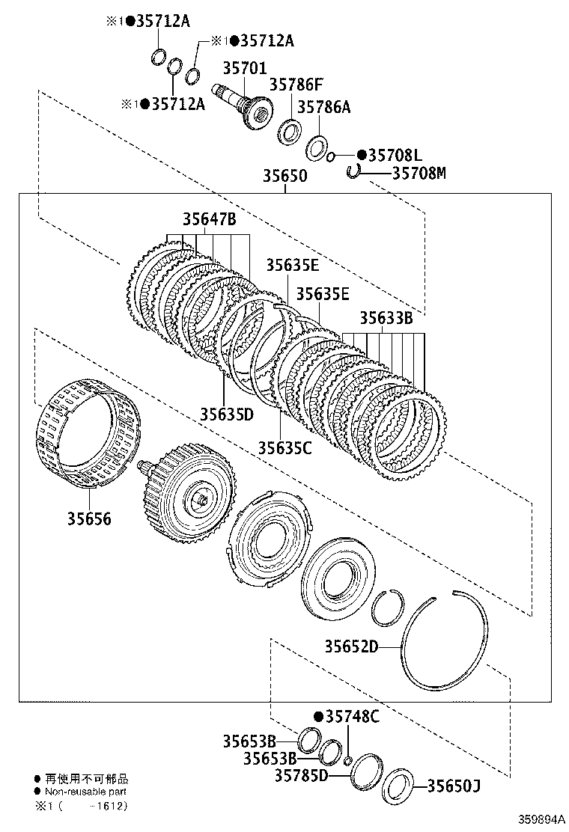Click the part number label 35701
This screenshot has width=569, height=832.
243,69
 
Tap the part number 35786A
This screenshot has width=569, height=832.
323,107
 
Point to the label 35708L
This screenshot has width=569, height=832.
395,156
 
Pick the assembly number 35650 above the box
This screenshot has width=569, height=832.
284,176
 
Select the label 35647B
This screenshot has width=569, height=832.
209,219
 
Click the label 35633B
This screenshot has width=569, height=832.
386,317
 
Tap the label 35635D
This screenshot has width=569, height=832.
226,414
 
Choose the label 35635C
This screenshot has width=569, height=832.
284,447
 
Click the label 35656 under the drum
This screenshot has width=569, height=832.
88,518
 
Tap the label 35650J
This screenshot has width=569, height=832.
453,786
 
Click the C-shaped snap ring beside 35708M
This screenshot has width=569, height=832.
354,174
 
